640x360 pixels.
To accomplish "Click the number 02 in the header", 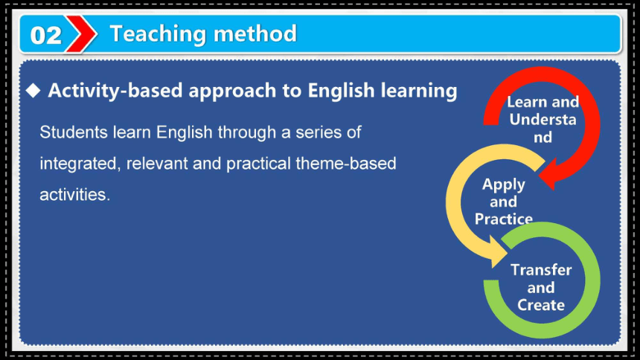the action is tap(45, 36).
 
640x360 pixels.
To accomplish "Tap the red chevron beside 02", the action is tap(82, 34).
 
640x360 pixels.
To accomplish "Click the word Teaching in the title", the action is tap(159, 34).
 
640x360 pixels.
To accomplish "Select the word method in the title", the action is tap(255, 33).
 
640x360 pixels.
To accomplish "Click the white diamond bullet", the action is tap(33, 90).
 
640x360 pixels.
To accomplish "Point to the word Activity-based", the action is tap(115, 91).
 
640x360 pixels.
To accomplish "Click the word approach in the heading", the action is tap(232, 91).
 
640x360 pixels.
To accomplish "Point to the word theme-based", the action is tap(346, 164).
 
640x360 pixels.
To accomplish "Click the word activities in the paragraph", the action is tap(74, 195).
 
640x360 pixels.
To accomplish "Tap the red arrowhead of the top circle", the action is tap(548, 173).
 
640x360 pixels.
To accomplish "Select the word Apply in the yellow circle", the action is tap(504, 185).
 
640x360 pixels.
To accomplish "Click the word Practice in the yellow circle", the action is tap(504, 219).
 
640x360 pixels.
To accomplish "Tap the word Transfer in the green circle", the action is tap(541, 270).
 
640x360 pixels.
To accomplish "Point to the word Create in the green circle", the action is tap(541, 305).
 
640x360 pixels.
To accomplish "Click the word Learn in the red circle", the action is tap(525, 102).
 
